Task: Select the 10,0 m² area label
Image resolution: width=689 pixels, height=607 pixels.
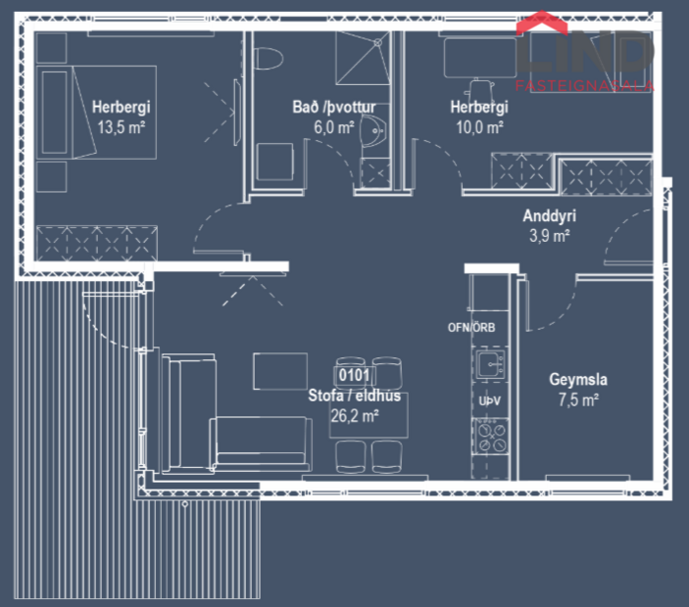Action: pos(478,126)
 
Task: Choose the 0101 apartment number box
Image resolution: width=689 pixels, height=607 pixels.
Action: pos(353,374)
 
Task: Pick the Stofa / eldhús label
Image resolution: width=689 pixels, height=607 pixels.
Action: pos(355,397)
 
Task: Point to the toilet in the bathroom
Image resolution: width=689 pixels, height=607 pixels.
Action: pos(263,59)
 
